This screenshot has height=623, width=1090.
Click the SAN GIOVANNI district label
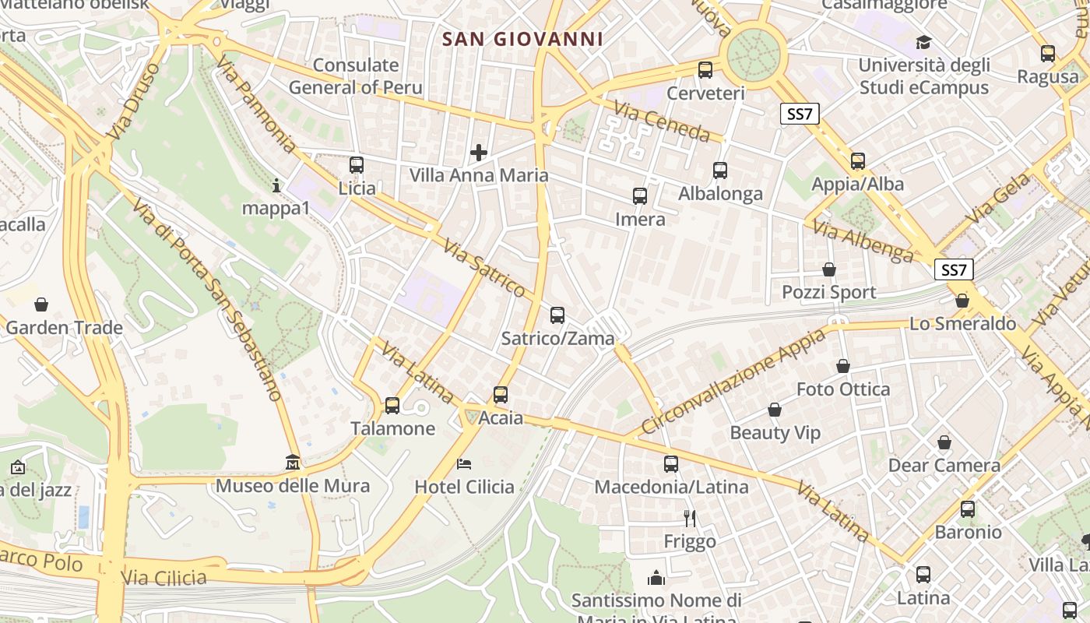point(522,39)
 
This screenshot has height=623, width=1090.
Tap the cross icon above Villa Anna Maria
point(479,152)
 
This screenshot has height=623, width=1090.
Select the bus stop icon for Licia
point(357,165)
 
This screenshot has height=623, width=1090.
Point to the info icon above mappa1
point(276,185)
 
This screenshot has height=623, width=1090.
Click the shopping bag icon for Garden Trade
point(41,304)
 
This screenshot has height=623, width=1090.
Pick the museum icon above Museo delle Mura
point(293,463)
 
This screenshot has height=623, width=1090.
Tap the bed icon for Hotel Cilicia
point(464,464)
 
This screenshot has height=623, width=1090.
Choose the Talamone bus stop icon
point(392,406)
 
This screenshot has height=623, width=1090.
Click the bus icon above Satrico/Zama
point(557,315)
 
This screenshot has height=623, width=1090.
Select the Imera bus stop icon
point(640,196)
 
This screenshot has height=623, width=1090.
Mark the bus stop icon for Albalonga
point(720,171)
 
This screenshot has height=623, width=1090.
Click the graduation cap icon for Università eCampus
point(923,42)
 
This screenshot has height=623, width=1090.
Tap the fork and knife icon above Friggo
point(689,518)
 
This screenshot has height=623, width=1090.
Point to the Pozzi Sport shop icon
point(829,269)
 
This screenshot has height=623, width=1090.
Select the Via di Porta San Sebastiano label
point(207,299)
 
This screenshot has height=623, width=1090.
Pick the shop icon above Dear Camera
point(944,443)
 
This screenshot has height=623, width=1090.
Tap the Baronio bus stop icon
point(968,509)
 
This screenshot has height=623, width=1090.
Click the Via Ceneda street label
point(662,122)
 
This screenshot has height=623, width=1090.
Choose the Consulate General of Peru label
point(356,76)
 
